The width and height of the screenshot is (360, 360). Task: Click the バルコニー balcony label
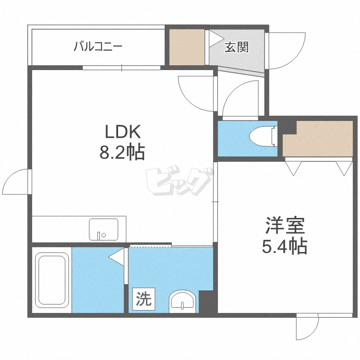coord(98,47)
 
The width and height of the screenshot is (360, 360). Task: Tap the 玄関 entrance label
coord(237,47)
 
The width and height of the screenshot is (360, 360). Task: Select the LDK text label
coord(122,131)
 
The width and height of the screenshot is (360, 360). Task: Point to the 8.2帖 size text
coord(122,153)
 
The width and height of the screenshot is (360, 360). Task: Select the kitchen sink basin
coord(103,229)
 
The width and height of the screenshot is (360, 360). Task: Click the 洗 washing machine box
coord(143,300)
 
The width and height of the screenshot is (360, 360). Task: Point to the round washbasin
coord(182,301)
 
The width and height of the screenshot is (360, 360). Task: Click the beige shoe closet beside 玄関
coord(187,47)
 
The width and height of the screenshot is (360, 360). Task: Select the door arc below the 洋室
coord(307,328)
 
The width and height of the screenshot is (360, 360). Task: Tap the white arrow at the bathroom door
coord(116,257)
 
